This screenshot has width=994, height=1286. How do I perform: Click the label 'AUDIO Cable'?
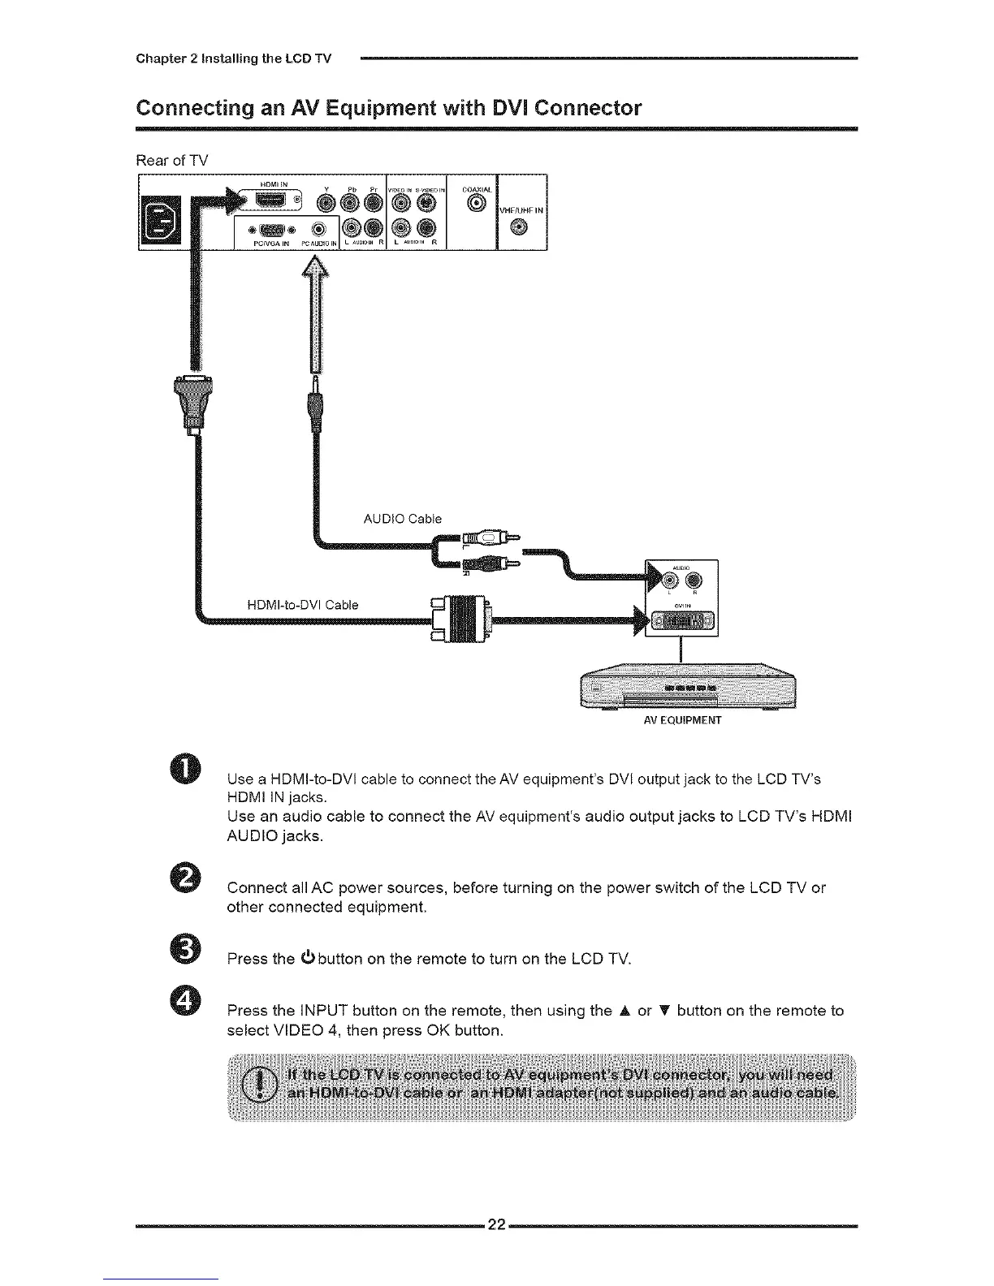pyautogui.click(x=402, y=519)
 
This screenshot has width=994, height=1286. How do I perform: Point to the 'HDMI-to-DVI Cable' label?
pyautogui.click(x=302, y=605)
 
